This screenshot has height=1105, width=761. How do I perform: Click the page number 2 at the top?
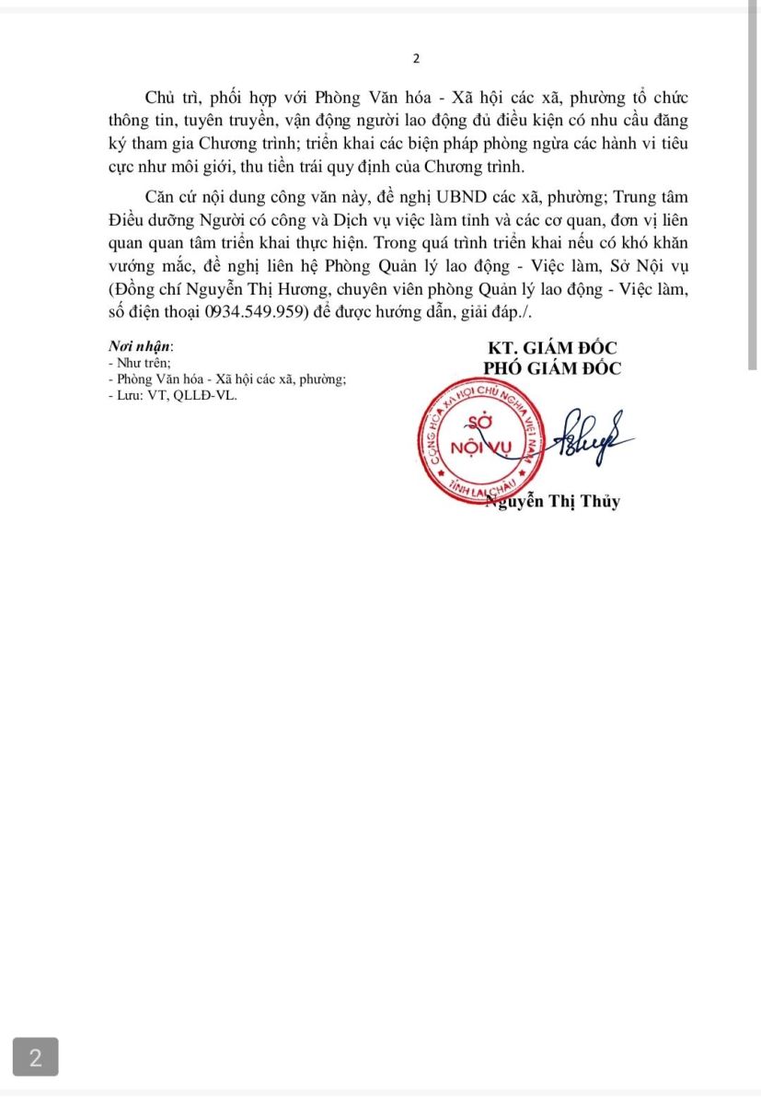(416, 59)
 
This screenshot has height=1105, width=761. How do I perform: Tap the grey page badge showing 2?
(36, 1057)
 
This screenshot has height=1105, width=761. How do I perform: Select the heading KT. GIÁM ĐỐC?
(553, 348)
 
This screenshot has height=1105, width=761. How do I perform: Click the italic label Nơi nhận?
(139, 348)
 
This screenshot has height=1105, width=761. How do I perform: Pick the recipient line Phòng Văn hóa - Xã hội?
(227, 378)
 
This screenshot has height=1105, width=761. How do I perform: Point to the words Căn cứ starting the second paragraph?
(174, 198)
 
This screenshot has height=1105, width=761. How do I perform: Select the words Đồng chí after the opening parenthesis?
(144, 290)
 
